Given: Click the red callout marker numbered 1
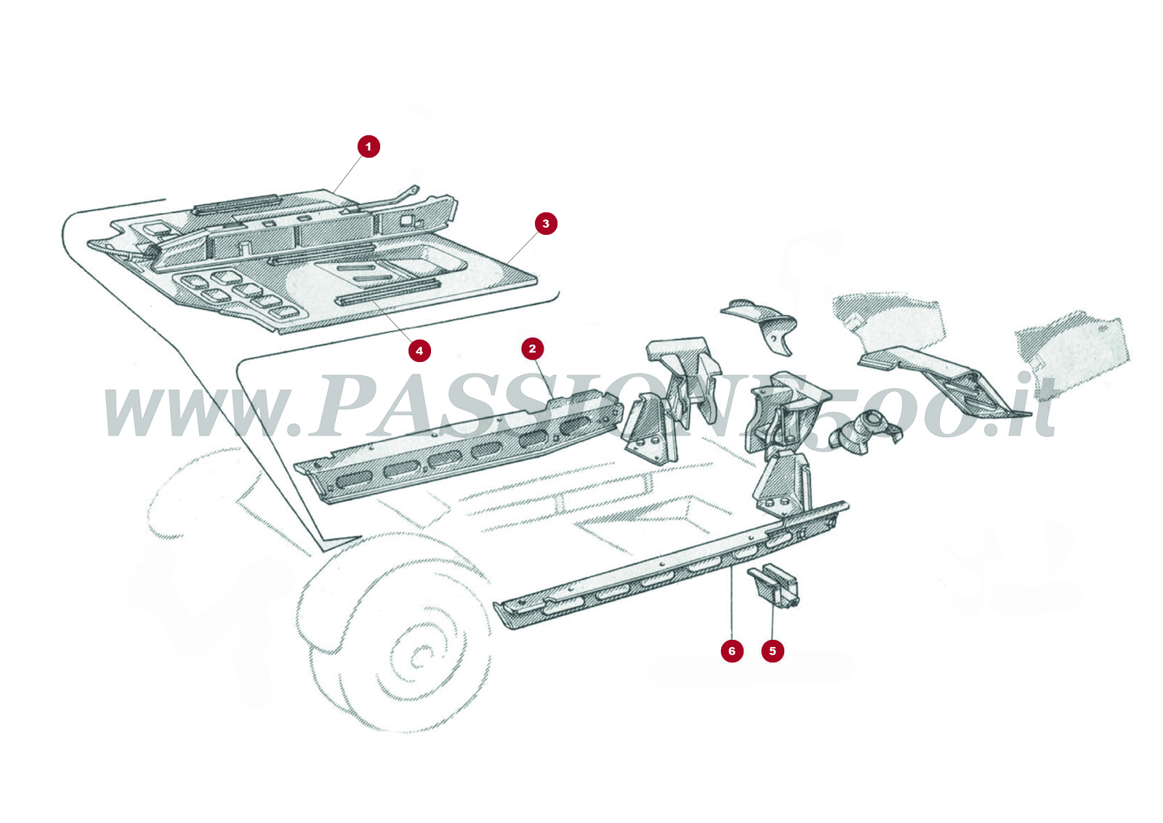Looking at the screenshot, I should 369,147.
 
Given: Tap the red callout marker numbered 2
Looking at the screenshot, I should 532,349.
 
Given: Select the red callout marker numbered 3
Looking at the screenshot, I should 546,224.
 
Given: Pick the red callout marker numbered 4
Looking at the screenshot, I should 419,351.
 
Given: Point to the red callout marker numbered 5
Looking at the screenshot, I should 773,651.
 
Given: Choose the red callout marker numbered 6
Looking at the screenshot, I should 732,651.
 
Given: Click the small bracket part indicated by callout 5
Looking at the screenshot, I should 775,586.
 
